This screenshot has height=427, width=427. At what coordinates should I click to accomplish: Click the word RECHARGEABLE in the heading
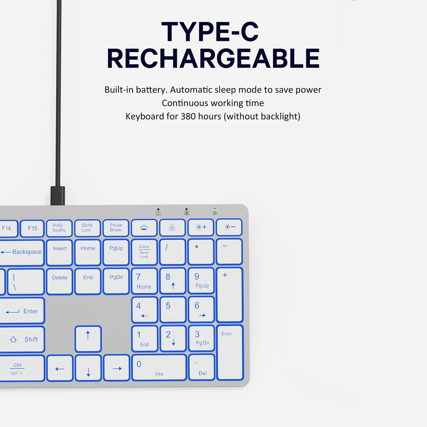click(x=213, y=58)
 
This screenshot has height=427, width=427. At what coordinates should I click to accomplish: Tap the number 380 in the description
click(x=188, y=116)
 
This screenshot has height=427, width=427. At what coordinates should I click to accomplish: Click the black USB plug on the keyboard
click(x=58, y=196)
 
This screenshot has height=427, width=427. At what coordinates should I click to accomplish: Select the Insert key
click(x=60, y=252)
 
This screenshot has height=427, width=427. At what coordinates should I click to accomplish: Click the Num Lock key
click(x=144, y=252)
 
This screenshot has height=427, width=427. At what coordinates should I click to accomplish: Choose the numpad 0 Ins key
click(x=159, y=367)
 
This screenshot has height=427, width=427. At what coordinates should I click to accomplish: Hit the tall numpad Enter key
click(x=230, y=352)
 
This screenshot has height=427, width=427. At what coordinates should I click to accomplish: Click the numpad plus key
click(x=230, y=295)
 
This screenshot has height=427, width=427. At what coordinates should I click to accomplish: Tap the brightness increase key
click(x=201, y=227)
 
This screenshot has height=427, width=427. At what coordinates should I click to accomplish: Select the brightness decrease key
click(x=229, y=227)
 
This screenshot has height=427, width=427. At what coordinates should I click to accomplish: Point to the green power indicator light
click(x=215, y=209)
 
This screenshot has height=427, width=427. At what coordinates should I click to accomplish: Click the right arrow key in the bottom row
click(x=117, y=368)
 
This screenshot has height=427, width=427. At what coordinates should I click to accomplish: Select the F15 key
click(x=32, y=228)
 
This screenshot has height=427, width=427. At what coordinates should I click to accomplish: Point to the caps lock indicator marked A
click(x=187, y=211)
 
